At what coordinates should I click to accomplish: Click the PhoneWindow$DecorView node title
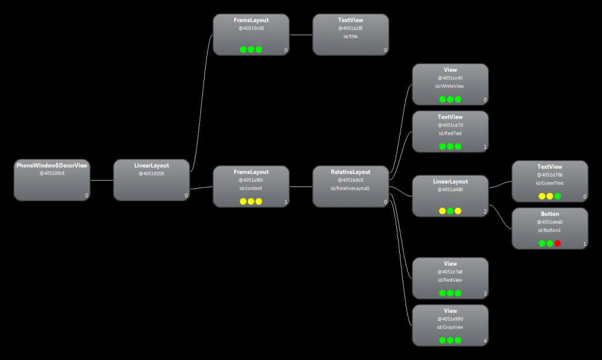click(x=52, y=165)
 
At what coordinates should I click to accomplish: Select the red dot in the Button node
click(x=557, y=243)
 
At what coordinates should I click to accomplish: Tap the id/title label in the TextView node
click(x=350, y=36)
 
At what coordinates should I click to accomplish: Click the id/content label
click(x=251, y=188)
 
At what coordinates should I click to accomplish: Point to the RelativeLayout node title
click(x=350, y=172)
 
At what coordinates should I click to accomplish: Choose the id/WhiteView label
click(x=450, y=86)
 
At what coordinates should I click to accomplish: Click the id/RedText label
click(x=450, y=133)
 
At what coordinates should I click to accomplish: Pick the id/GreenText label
click(x=550, y=182)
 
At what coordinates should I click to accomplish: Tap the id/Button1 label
click(x=550, y=230)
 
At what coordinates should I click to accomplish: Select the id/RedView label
click(x=450, y=279)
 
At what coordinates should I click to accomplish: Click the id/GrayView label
click(x=450, y=327)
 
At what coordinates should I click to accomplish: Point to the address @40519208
click(x=151, y=174)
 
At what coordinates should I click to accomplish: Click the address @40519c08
click(x=251, y=28)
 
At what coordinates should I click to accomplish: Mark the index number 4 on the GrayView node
click(x=485, y=341)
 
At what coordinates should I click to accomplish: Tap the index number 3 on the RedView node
click(x=485, y=294)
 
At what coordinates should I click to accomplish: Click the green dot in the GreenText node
click(x=557, y=196)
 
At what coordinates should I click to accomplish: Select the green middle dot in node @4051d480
click(x=450, y=211)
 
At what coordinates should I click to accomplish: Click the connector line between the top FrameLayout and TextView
click(x=301, y=35)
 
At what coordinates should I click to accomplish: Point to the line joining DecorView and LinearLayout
click(x=102, y=180)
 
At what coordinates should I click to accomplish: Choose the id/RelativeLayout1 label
click(x=350, y=188)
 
